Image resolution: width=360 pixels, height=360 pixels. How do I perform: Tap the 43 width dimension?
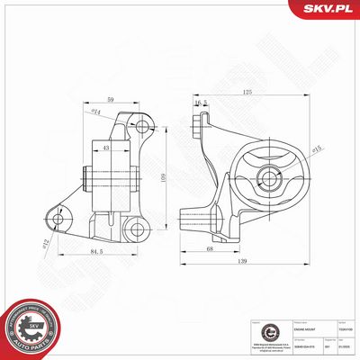106,148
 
